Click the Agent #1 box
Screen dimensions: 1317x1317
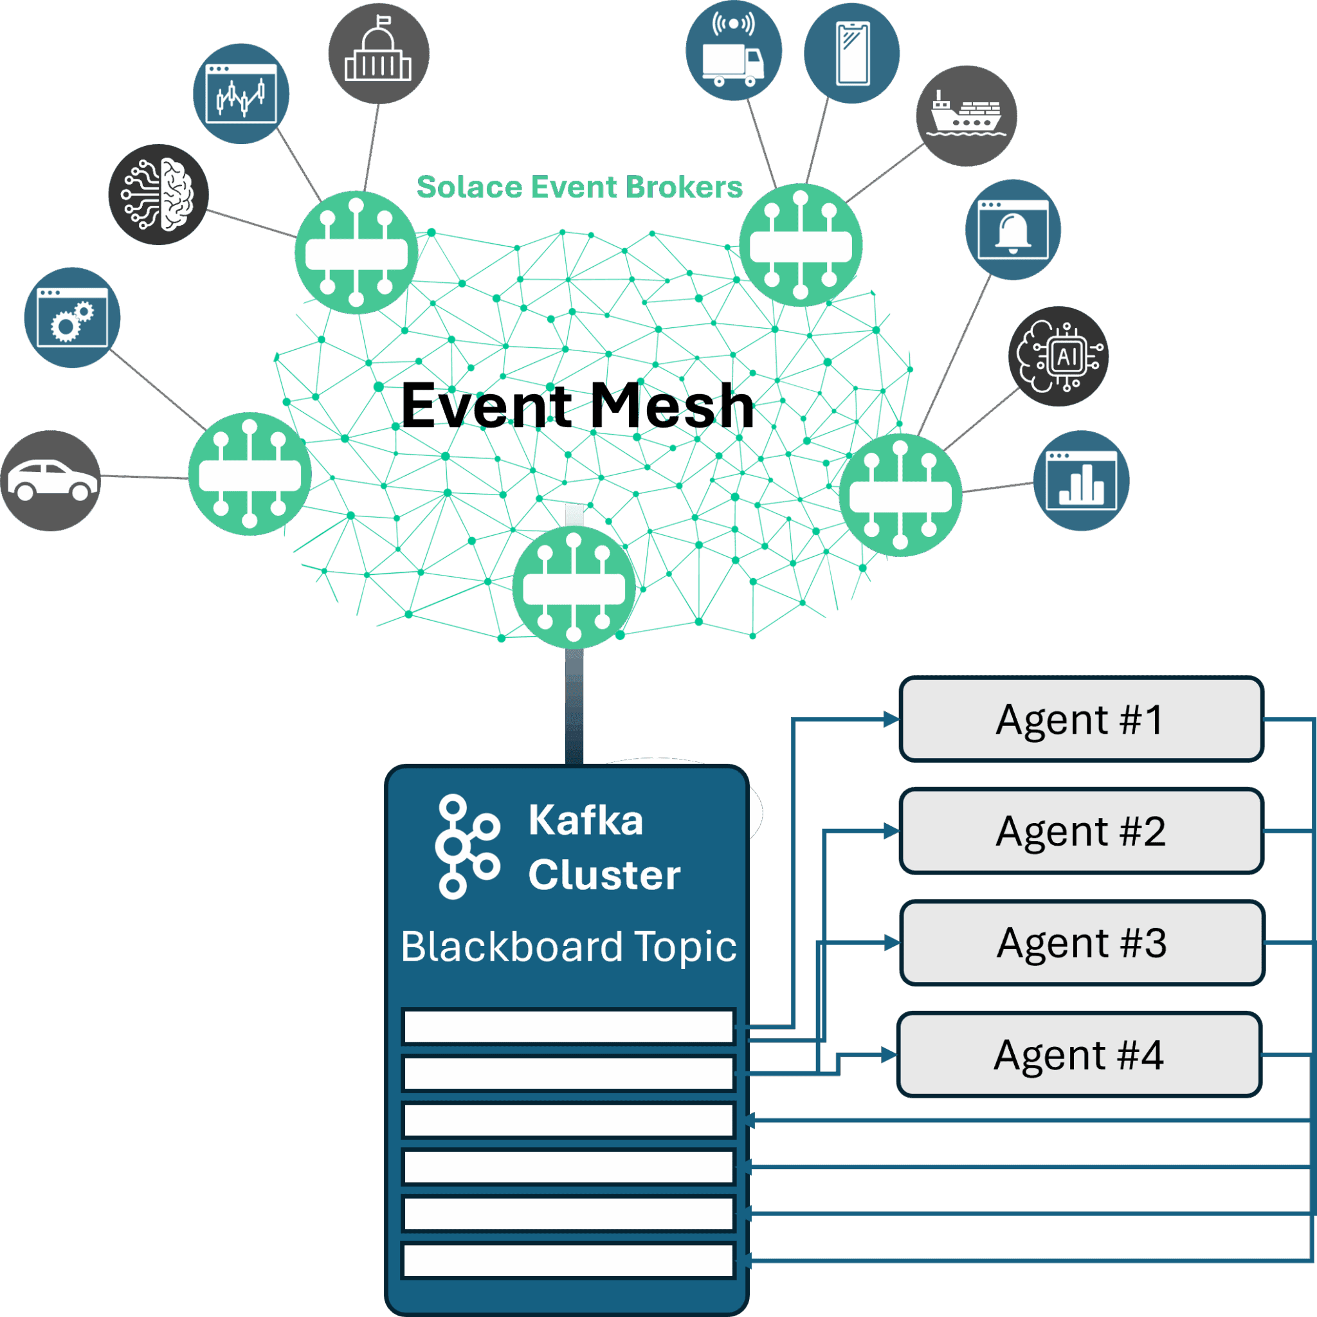click(1081, 719)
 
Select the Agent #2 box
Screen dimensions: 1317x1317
click(1081, 831)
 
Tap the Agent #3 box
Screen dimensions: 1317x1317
click(1081, 943)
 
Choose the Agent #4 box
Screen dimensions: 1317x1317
click(1078, 1055)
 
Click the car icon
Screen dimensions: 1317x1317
click(51, 480)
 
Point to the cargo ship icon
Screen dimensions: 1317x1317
click(966, 116)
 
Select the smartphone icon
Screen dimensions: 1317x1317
click(852, 53)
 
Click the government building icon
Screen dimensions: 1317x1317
click(378, 53)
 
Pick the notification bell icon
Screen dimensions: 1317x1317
click(1013, 230)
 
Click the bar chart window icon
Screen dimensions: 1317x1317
click(1081, 480)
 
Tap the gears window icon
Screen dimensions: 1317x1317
click(72, 318)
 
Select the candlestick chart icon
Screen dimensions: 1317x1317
click(241, 94)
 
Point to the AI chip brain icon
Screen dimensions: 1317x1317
click(1058, 356)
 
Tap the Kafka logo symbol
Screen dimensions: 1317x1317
click(467, 847)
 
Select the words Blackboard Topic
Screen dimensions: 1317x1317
click(568, 947)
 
